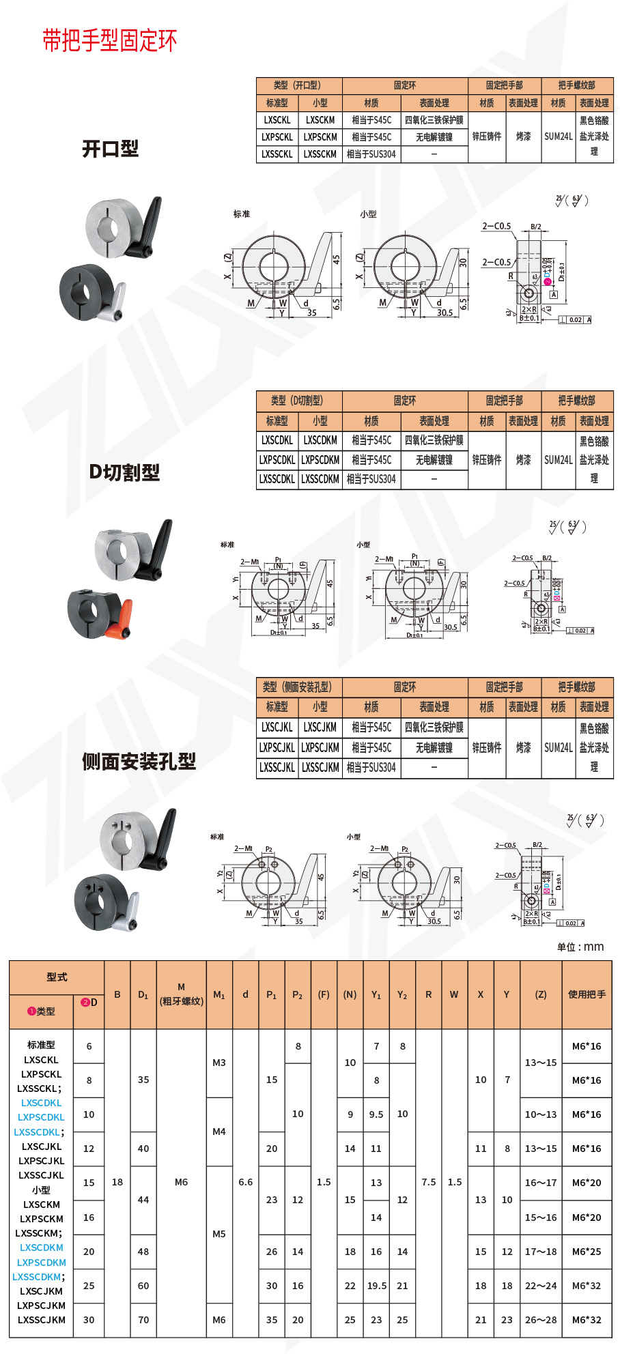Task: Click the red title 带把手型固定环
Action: tap(109, 41)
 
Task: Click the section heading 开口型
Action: tap(110, 149)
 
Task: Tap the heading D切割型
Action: tap(124, 472)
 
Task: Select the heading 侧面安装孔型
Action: tap(139, 762)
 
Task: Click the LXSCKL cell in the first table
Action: tap(277, 120)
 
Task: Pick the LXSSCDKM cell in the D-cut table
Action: tap(320, 479)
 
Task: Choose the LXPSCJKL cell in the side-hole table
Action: tap(277, 747)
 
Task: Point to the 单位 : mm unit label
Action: tap(580, 947)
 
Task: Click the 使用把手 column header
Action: tap(587, 994)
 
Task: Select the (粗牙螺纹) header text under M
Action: tap(181, 1001)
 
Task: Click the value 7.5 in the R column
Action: tap(429, 1182)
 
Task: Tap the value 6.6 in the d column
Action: tap(246, 1182)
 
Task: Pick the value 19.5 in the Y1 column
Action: tap(376, 1286)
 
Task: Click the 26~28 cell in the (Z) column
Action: tap(541, 1320)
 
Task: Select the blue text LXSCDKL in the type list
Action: tap(41, 1103)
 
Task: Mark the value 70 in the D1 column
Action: tap(143, 1320)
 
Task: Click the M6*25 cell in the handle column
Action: tap(587, 1252)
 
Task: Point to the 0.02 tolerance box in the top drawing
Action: tap(576, 319)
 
